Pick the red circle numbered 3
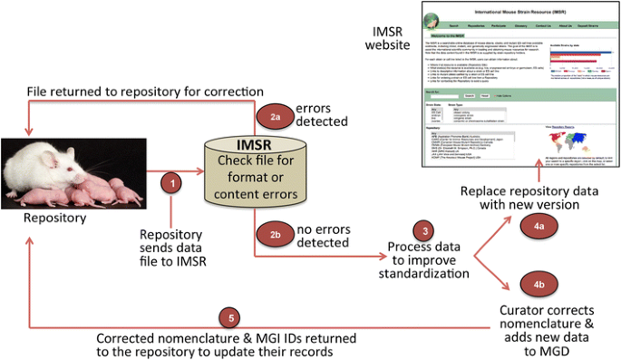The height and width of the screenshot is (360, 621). (421, 229)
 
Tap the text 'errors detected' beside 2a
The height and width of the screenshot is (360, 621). (321, 114)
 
